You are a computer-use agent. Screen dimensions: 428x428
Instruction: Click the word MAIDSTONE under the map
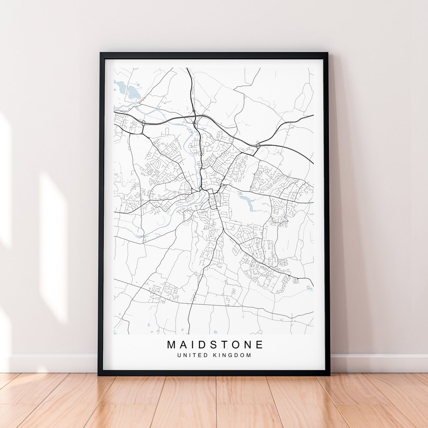(215, 344)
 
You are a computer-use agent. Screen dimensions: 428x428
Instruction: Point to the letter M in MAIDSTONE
(172, 344)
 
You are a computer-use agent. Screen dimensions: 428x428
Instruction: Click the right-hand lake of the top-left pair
(134, 93)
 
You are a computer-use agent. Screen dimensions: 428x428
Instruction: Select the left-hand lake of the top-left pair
(120, 86)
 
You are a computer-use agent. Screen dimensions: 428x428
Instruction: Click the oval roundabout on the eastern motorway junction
(258, 146)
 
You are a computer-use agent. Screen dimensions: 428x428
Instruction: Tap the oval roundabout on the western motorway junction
(143, 123)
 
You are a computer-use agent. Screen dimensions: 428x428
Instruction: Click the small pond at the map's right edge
(309, 288)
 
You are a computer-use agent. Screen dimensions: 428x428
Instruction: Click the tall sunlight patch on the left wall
(53, 246)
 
